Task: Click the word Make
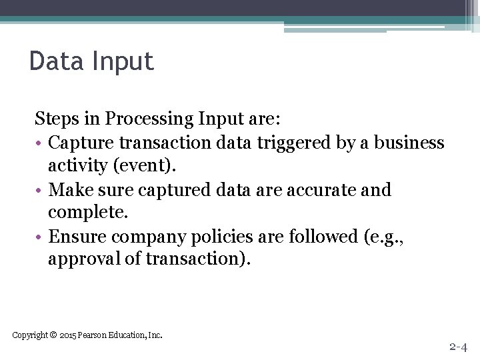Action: click(x=67, y=190)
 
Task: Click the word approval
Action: click(x=84, y=259)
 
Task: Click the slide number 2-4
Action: click(x=458, y=347)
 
